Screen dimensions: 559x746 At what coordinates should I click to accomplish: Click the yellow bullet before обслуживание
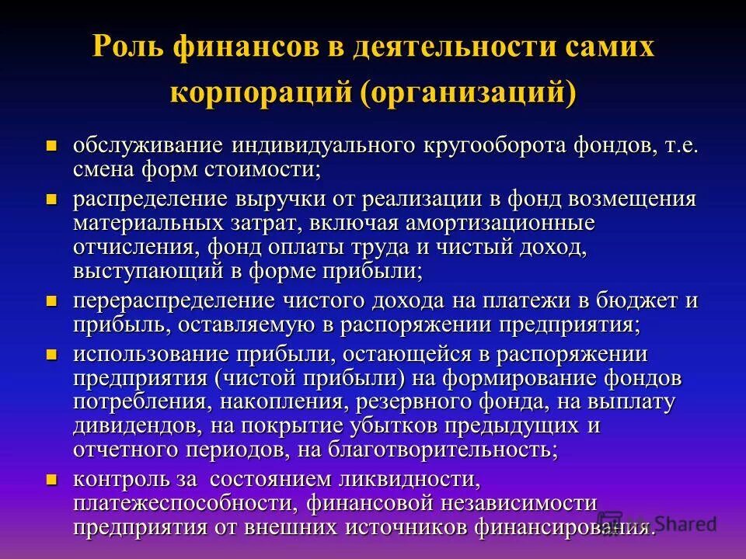pyautogui.click(x=53, y=145)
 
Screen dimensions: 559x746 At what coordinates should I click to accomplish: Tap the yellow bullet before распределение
pyautogui.click(x=53, y=199)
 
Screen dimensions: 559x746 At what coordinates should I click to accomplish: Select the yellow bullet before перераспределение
pyautogui.click(x=53, y=300)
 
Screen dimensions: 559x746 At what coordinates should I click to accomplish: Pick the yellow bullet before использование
pyautogui.click(x=53, y=354)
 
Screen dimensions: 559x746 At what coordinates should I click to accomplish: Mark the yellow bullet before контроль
pyautogui.click(x=53, y=478)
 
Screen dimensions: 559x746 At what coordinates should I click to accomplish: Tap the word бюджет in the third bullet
pyautogui.click(x=633, y=300)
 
